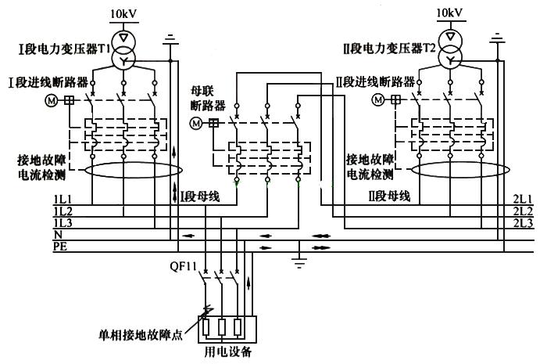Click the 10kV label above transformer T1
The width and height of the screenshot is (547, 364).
(x=123, y=13)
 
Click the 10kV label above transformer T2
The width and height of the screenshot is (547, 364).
(x=449, y=13)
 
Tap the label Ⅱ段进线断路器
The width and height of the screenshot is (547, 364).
(x=374, y=80)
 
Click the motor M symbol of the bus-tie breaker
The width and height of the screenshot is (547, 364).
(x=196, y=123)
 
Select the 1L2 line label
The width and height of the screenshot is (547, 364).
(x=63, y=212)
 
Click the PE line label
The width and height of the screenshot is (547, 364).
(x=59, y=246)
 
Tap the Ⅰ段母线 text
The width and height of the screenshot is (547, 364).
(x=198, y=195)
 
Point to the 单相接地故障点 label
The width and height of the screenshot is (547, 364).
(x=138, y=337)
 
